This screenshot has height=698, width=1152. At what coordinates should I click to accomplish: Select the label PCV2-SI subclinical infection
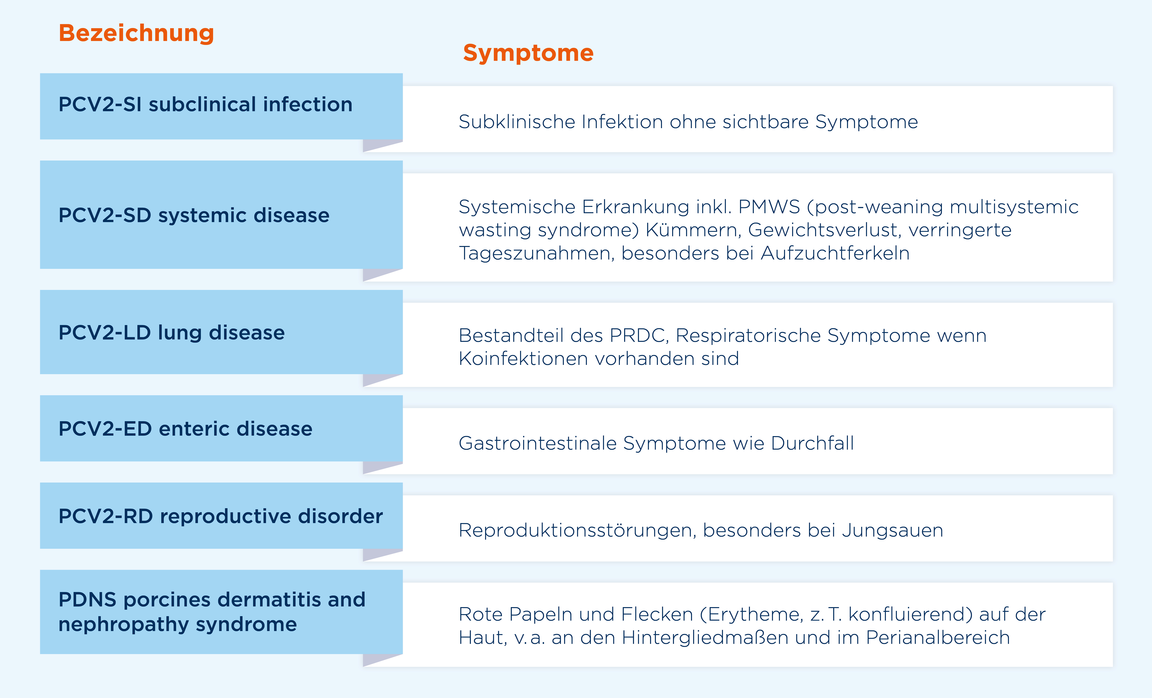[x=205, y=104]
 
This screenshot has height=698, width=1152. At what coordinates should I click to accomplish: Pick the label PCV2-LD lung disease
[x=172, y=333]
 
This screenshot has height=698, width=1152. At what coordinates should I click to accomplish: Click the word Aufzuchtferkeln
[x=835, y=253]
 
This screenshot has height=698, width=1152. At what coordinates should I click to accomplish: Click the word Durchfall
[x=812, y=443]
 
